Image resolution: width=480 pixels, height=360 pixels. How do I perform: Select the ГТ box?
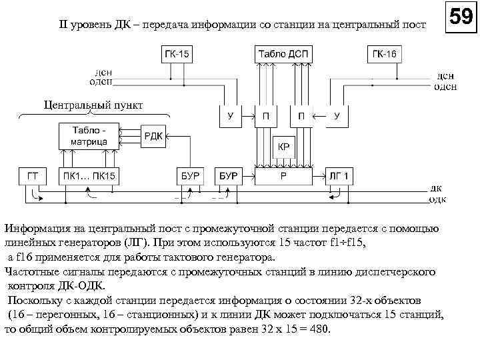pyautogui.click(x=33, y=177)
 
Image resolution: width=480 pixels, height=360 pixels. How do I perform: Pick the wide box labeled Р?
pyautogui.click(x=283, y=177)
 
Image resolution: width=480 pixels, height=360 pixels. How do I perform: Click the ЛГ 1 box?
pyautogui.click(x=339, y=177)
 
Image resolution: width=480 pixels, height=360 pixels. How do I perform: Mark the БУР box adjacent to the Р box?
pyautogui.click(x=229, y=177)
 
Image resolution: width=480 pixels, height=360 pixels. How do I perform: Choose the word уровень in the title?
pyautogui.click(x=91, y=25)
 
